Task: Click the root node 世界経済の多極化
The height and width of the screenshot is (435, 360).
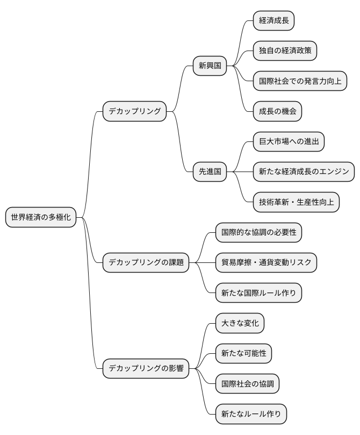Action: coord(41,217)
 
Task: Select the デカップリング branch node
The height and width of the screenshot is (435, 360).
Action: coord(134,111)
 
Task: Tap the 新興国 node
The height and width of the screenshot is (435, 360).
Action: coord(210,66)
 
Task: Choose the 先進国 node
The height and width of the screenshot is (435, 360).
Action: coord(210,172)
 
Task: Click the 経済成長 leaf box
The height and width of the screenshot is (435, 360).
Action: coord(274,21)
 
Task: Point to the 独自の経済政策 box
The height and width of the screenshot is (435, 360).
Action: coord(285,51)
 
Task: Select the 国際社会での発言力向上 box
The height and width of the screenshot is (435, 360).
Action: coord(299,81)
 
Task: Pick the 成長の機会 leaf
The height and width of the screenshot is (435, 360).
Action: coord(277,111)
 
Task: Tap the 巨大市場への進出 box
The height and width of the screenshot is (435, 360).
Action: coord(289,141)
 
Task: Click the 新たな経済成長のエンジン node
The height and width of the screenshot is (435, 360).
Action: coord(304,172)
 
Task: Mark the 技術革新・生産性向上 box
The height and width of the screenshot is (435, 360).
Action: coord(296,202)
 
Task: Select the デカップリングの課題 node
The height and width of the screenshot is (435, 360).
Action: coord(146,263)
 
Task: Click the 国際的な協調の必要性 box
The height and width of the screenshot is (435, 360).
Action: coord(259,233)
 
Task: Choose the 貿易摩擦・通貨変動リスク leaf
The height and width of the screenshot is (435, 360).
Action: coord(266,263)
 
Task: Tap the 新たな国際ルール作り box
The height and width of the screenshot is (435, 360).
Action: coord(258,293)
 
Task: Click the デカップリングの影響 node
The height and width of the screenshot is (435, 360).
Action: coord(146,369)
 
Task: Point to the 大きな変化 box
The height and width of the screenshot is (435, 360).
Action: coord(240,323)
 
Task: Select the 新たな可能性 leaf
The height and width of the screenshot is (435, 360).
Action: coord(243,354)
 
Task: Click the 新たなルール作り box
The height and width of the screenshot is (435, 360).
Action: coord(251,414)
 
